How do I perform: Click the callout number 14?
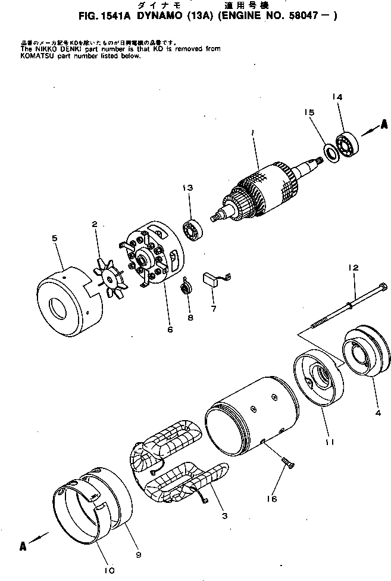tap(337, 97)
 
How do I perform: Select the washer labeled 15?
tap(330, 152)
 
